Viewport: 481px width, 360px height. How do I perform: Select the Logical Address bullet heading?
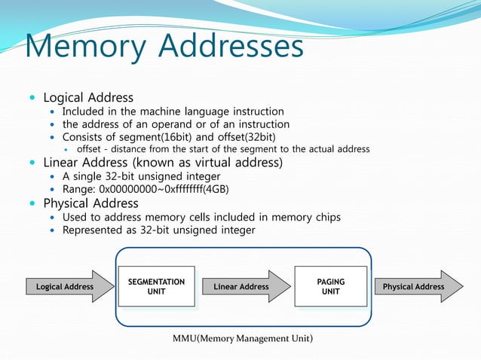tap(88, 98)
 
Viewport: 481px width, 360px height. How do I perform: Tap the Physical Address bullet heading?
tap(90, 203)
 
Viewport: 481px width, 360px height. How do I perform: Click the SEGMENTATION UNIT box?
tap(156, 286)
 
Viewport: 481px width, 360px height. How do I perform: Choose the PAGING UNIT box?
tap(330, 286)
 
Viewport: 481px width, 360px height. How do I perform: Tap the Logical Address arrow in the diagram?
tap(65, 286)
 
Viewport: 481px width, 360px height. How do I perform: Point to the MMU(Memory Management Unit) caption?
tap(243, 338)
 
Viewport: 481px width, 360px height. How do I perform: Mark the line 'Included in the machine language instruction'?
tap(173, 111)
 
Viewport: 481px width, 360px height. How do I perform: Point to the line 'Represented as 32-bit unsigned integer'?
tap(158, 230)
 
